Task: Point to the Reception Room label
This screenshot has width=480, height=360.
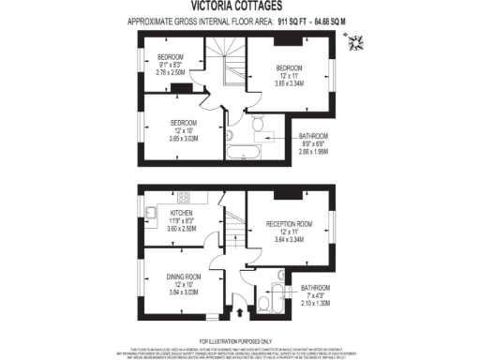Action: click(289, 223)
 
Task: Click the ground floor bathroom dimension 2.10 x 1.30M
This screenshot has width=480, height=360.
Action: click(315, 303)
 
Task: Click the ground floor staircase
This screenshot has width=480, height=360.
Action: click(230, 231)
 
